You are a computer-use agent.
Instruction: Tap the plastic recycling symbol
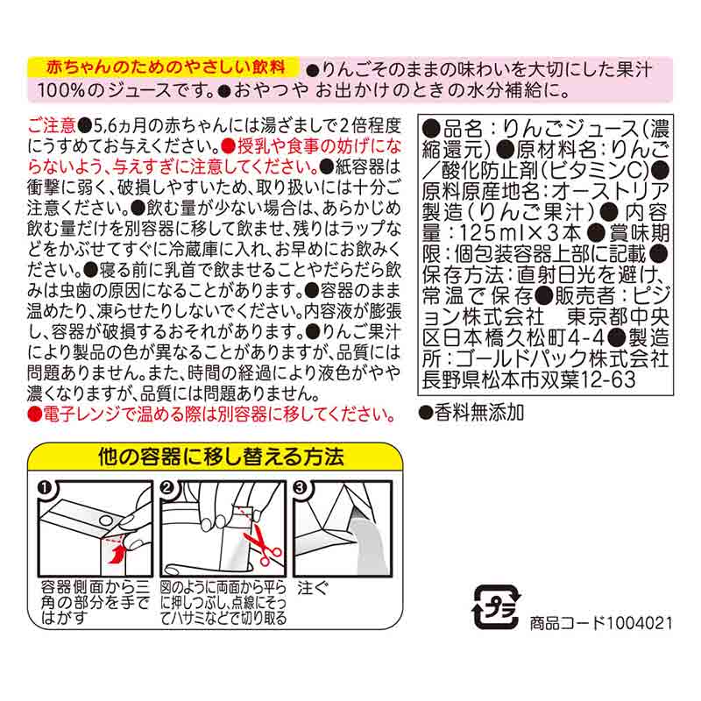coord(497,606)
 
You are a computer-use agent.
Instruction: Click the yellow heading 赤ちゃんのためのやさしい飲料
coord(166,67)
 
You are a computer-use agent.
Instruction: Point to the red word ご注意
coord(53,125)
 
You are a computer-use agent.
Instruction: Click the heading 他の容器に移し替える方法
coord(221,457)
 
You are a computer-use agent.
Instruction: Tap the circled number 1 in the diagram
coord(45,488)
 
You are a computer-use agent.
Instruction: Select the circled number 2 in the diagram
coord(166,488)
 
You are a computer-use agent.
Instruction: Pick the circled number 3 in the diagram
coord(300,488)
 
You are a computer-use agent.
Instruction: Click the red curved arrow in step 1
coord(116,554)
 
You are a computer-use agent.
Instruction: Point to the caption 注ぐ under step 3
coord(313,587)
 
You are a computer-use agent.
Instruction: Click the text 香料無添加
coord(478,413)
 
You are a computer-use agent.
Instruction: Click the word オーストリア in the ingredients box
coord(610,191)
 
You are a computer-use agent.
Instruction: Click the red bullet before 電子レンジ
coord(34,414)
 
